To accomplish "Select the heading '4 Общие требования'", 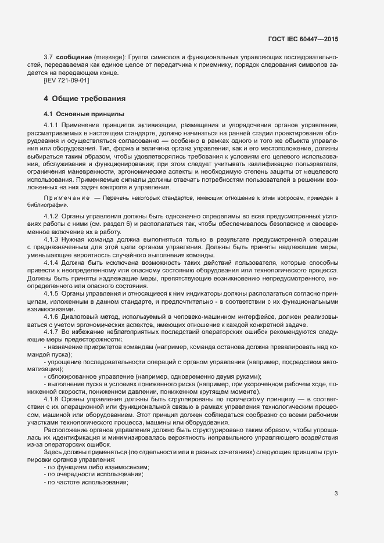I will click(x=84, y=99).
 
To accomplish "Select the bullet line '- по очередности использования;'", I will click(x=93, y=459).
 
